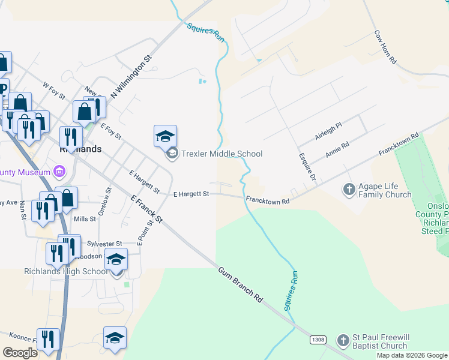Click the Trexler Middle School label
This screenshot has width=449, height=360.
point(222,154)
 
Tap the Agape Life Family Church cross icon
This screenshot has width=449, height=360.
point(349,190)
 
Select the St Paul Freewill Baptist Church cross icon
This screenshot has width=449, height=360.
point(342,341)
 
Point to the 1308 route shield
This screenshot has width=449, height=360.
point(318,340)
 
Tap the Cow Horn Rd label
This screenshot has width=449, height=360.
point(385,47)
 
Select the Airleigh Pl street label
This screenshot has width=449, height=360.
point(328,131)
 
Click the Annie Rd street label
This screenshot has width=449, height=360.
point(337,150)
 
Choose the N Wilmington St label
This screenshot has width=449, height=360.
point(131,76)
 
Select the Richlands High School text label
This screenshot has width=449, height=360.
point(66,271)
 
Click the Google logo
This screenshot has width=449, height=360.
point(19,353)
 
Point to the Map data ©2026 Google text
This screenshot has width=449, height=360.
point(412,355)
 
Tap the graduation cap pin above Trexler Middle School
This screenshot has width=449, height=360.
point(165,136)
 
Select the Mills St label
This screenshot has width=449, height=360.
point(85,220)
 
